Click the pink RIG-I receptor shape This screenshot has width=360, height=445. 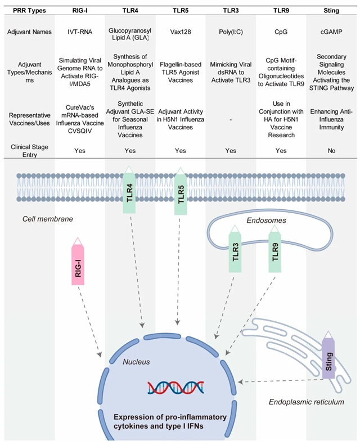click(79, 264)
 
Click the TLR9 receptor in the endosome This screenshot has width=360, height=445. click(275, 250)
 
